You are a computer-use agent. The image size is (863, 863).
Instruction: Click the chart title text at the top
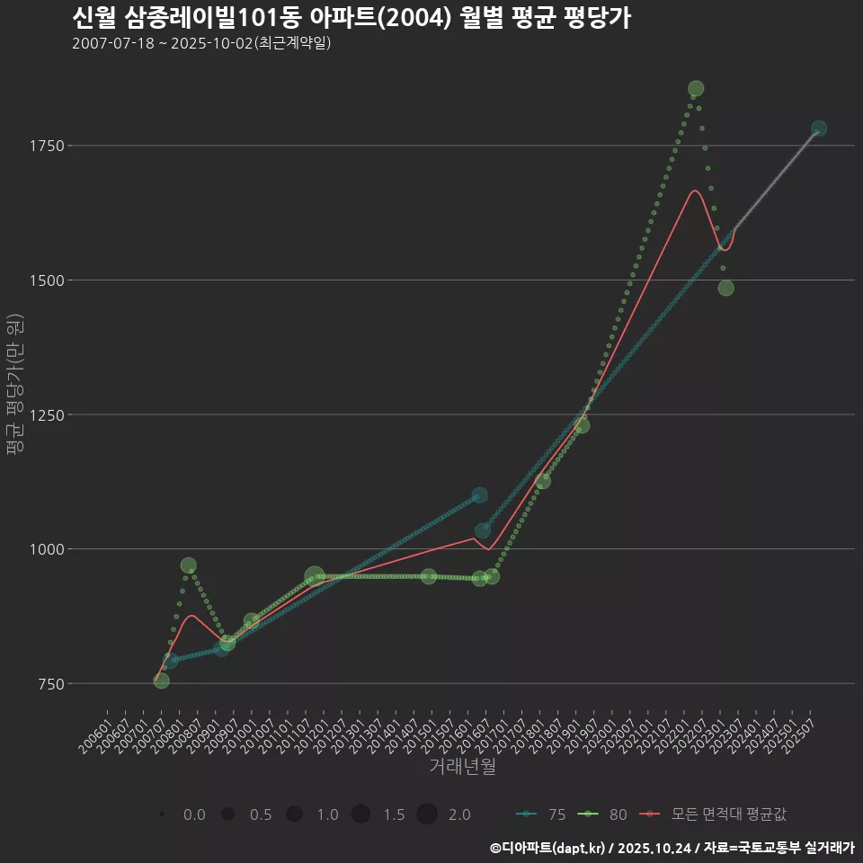point(351,18)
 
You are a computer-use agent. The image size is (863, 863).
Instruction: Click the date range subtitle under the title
point(202,43)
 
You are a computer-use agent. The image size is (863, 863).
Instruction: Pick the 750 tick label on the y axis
point(49,684)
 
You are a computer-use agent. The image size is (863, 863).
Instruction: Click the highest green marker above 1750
point(696,88)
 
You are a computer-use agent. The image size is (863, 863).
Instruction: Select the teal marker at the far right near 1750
point(819,129)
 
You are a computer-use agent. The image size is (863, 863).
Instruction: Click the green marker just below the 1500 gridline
point(725,288)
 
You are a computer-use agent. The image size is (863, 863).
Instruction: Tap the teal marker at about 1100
point(479,495)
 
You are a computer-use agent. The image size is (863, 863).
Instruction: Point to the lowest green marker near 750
point(162,681)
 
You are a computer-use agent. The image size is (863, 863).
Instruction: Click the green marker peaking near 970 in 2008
point(188,565)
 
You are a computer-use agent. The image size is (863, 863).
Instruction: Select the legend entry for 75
point(542,814)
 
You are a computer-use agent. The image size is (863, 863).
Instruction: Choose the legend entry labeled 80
point(603,814)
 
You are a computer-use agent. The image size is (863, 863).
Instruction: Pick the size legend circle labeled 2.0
point(427,814)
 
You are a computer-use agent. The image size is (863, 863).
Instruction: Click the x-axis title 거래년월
point(462,767)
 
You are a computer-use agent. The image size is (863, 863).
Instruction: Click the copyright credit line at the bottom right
point(672,848)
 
